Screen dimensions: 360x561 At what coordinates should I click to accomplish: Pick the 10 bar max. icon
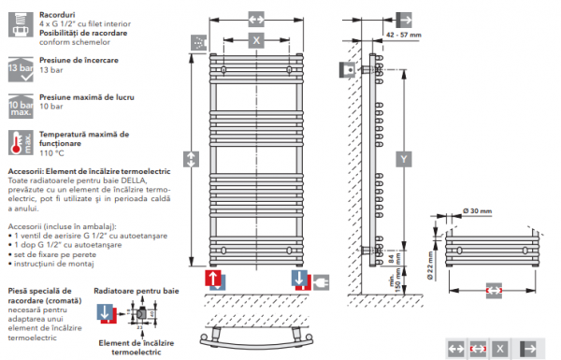pyautogui.click(x=18, y=105)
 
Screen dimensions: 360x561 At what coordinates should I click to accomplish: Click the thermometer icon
pyautogui.click(x=18, y=142)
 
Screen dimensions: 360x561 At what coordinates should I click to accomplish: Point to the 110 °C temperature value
pyautogui.click(x=54, y=153)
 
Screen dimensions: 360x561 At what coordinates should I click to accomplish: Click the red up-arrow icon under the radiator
pyautogui.click(x=214, y=281)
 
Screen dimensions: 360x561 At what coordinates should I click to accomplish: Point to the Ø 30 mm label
pyautogui.click(x=480, y=210)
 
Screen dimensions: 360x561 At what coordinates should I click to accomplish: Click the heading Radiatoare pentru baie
pyautogui.click(x=136, y=292)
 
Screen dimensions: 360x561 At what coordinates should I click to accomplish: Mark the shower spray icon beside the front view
pyautogui.click(x=198, y=42)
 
